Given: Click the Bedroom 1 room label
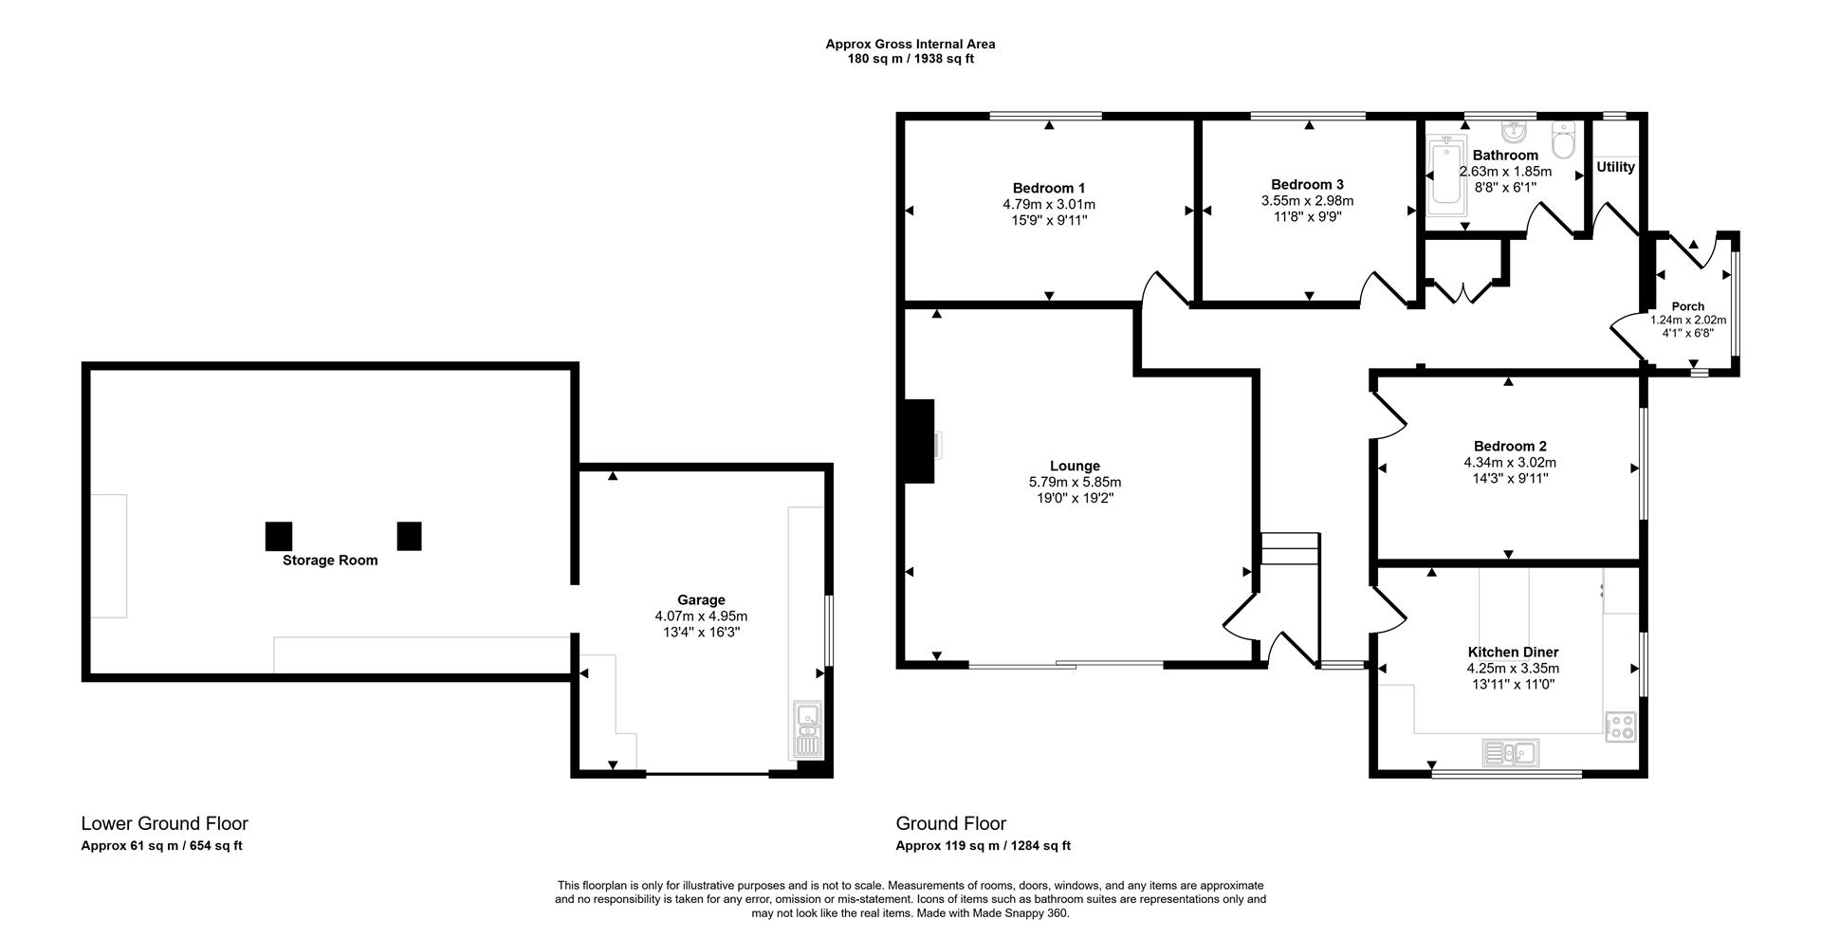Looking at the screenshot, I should pos(1048,188).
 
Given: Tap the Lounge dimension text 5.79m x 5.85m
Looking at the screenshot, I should pos(1075,482).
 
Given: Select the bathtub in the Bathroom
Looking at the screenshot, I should pos(1446,173).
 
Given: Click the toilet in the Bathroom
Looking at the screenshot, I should pos(1563,141).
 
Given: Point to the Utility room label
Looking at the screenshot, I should pos(1615,167).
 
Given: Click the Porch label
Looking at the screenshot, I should pos(1687,306).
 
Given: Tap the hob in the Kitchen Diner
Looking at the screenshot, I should pos(1621,726).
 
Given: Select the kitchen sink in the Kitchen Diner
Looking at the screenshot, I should pos(1510,753).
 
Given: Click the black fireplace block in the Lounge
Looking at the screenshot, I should pos(917,442).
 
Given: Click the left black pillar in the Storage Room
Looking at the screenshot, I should pos(279,536).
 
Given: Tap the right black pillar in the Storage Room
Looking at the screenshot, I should pos(409,536).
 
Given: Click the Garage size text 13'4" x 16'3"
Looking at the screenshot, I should pos(701,632).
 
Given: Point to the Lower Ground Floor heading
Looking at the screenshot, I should pos(164,823).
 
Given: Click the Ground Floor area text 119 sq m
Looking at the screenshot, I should pos(984,846).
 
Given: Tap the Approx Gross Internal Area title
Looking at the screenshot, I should pos(910,44).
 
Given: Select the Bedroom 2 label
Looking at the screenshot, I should pos(1510,446).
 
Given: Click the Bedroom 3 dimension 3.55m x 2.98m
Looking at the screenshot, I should pos(1307,200).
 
